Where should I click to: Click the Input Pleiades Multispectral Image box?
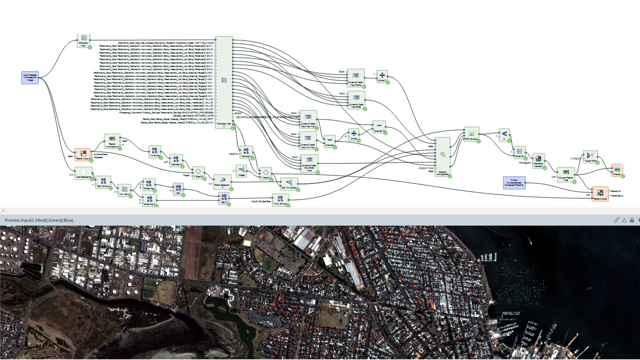30,78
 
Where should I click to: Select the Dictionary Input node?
84,40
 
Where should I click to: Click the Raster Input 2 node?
83,155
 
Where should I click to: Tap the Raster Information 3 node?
112,141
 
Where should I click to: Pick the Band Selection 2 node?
222,182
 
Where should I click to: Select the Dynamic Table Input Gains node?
355,78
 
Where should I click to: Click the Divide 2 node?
382,77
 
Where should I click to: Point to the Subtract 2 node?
379,127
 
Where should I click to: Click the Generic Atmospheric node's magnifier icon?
443,154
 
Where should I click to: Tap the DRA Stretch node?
471,134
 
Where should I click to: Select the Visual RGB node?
590,157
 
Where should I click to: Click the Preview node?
617,170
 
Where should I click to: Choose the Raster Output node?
600,194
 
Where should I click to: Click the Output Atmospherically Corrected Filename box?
514,183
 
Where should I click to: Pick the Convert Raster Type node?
566,174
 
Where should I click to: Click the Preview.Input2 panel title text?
39,220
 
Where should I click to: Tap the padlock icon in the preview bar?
632,220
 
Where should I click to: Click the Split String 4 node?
103,182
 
